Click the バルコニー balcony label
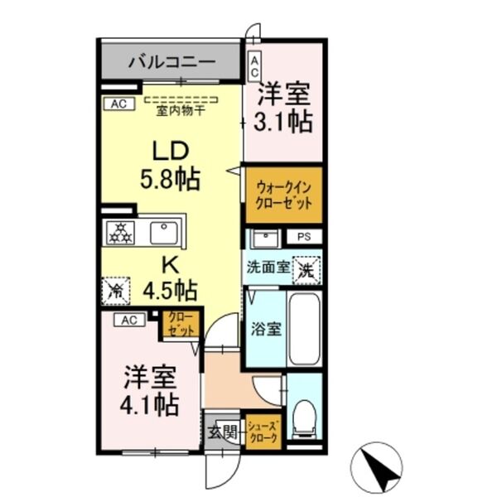(172, 62)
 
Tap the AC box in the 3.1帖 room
(254, 65)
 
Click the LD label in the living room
(170, 152)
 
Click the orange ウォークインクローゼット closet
(282, 195)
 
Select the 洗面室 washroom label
(267, 268)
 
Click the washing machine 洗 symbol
(305, 268)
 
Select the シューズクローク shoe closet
(266, 432)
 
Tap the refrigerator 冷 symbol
(116, 290)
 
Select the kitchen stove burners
(120, 233)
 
